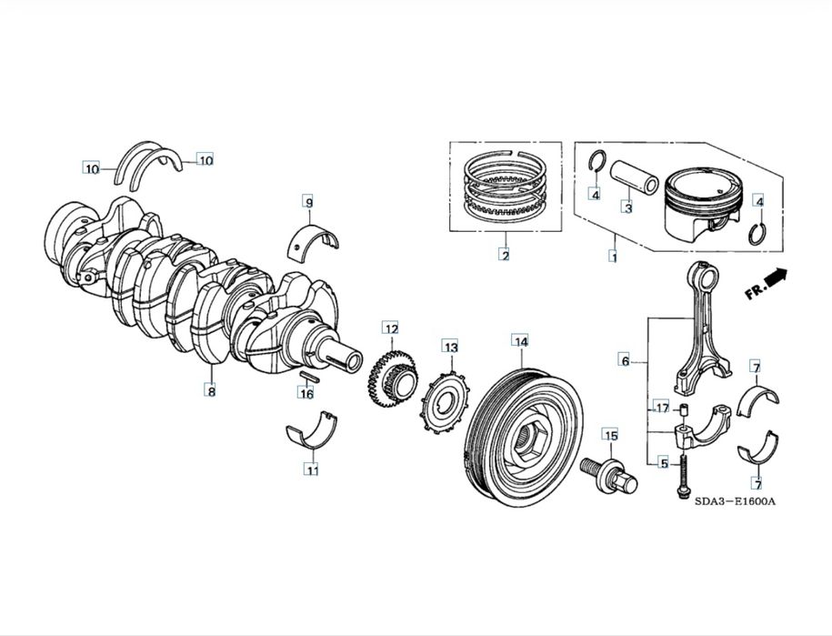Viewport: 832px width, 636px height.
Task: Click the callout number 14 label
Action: [520, 342]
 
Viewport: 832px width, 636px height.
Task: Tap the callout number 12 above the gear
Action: [390, 328]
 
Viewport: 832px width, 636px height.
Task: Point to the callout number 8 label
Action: [211, 391]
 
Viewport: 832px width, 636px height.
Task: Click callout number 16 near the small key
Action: [307, 393]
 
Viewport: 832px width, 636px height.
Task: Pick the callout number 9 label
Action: [308, 201]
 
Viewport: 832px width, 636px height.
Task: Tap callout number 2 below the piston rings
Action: [505, 255]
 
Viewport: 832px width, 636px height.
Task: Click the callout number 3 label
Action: [627, 207]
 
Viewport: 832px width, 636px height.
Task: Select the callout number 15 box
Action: [610, 436]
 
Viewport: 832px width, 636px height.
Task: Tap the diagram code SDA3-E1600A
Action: [738, 501]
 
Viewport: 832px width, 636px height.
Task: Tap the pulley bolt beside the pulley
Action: [605, 474]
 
